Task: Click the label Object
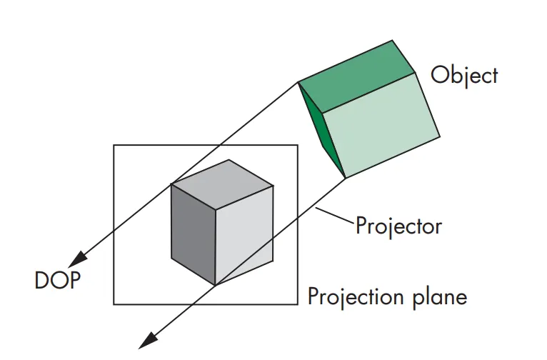[x=464, y=76]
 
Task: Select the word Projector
[x=398, y=226]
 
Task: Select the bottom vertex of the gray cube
[x=215, y=285]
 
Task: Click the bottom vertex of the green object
[x=345, y=178]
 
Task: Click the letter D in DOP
[x=41, y=279]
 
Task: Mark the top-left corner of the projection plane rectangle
[x=114, y=145]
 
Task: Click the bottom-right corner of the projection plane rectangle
[x=297, y=304]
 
